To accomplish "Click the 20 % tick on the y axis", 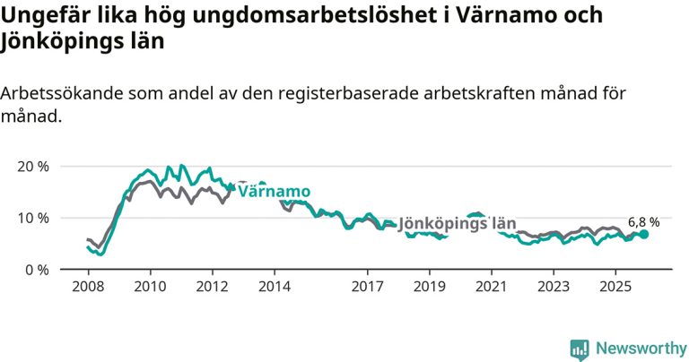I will tap(32, 167).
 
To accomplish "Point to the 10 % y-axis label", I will tap(32, 218).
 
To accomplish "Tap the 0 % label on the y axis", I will tap(37, 270).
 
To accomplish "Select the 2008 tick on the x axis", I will tap(87, 289).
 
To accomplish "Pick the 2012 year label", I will tap(212, 289).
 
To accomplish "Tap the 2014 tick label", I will tap(275, 289).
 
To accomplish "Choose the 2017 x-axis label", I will tap(368, 289).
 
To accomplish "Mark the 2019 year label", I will tap(430, 289).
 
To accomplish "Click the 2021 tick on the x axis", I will tap(492, 289).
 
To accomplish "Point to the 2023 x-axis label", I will tap(554, 289).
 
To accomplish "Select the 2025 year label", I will tap(615, 289).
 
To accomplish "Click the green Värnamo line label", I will tap(274, 192).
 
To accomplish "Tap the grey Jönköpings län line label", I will tap(458, 223).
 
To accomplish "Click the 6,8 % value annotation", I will tap(643, 221).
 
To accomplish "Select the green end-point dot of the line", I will tap(643, 235).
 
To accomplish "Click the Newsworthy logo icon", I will tap(580, 348).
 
